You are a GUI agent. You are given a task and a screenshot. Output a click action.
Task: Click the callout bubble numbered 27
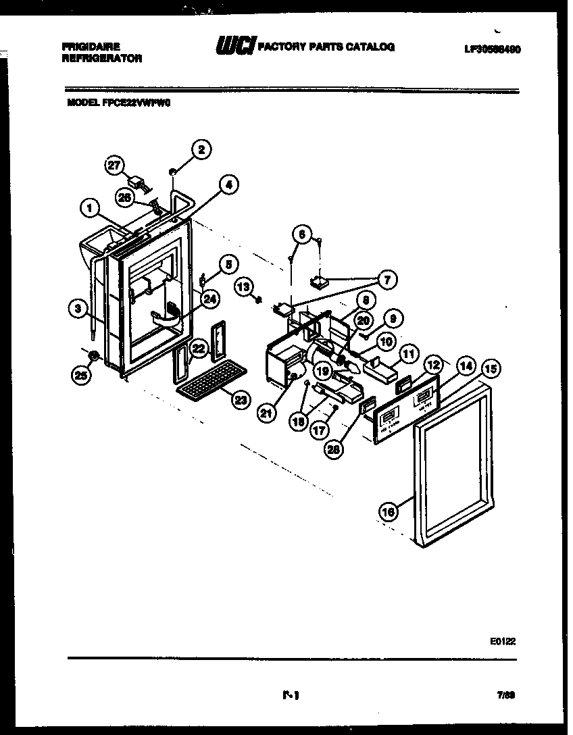click(x=116, y=166)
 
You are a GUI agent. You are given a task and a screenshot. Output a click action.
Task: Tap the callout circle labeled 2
click(x=200, y=150)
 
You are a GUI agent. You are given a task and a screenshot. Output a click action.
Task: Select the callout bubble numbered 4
click(x=229, y=184)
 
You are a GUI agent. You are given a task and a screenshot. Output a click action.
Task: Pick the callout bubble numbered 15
click(x=491, y=368)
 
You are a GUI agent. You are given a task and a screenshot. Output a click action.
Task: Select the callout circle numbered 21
click(x=267, y=413)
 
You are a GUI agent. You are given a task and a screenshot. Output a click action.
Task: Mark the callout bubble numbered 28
click(x=332, y=449)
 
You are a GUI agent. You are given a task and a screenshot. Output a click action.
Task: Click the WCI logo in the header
click(x=234, y=47)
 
